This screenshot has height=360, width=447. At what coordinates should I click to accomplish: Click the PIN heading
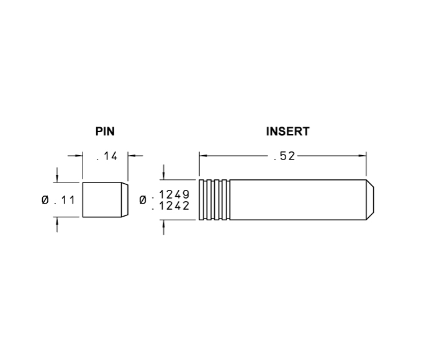[105, 132]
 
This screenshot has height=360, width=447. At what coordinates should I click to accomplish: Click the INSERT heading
[287, 132]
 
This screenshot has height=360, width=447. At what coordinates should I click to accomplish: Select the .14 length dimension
[107, 156]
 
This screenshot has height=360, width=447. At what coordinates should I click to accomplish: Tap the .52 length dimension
[284, 156]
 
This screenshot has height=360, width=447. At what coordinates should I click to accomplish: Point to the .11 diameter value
[65, 200]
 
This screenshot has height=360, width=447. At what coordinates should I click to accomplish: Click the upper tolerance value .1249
[171, 194]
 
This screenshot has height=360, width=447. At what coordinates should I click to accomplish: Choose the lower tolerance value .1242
[171, 205]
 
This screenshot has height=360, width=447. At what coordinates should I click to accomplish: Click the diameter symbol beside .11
[45, 200]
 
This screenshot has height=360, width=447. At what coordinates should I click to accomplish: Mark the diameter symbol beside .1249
[143, 200]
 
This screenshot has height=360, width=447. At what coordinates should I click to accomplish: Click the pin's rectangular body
[102, 200]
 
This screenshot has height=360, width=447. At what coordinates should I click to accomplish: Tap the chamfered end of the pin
[125, 200]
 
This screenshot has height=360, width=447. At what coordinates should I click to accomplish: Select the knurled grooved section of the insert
[214, 200]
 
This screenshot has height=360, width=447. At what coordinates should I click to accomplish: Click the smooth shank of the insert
[298, 200]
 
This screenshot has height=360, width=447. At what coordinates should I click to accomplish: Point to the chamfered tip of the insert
[370, 200]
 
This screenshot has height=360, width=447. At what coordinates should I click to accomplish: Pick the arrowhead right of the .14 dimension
[132, 156]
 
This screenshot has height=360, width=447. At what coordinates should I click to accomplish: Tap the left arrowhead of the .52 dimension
[203, 156]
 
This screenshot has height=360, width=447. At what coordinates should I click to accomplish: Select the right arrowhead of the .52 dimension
[363, 156]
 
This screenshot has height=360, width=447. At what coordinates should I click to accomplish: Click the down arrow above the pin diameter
[57, 178]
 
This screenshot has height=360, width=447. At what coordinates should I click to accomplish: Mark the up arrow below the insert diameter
[163, 224]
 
